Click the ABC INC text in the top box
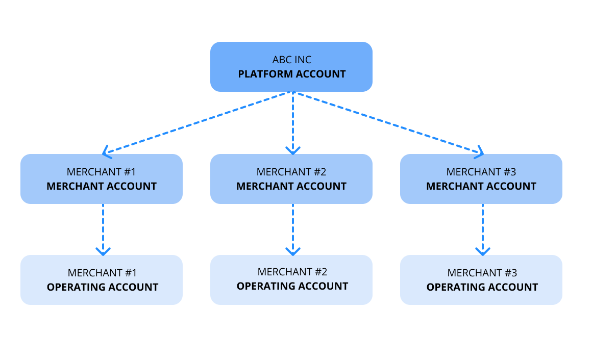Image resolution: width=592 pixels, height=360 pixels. tap(291, 60)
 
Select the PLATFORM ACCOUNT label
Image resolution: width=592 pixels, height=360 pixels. tap(291, 74)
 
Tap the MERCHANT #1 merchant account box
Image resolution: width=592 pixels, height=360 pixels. tap(102, 179)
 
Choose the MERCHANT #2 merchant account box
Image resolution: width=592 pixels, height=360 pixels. tap(291, 179)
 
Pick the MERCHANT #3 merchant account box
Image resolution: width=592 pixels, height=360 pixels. tap(481, 179)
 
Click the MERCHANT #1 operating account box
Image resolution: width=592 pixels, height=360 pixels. tap(102, 280)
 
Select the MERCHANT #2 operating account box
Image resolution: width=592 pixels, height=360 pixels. tap(291, 280)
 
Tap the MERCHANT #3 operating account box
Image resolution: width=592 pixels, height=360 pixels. tap(481, 280)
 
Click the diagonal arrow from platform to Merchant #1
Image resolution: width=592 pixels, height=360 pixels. tap(198, 122)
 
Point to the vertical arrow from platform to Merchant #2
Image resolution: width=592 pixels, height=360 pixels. tap(292, 122)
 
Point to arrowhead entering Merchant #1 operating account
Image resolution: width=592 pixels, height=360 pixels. tap(103, 251)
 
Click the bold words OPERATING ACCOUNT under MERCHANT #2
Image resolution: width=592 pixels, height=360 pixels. tap(292, 286)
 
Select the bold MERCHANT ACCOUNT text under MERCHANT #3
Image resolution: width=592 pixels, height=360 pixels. tap(481, 186)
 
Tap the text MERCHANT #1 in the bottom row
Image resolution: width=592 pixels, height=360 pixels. tap(102, 273)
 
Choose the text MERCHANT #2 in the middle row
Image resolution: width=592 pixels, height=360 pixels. tap(291, 172)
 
